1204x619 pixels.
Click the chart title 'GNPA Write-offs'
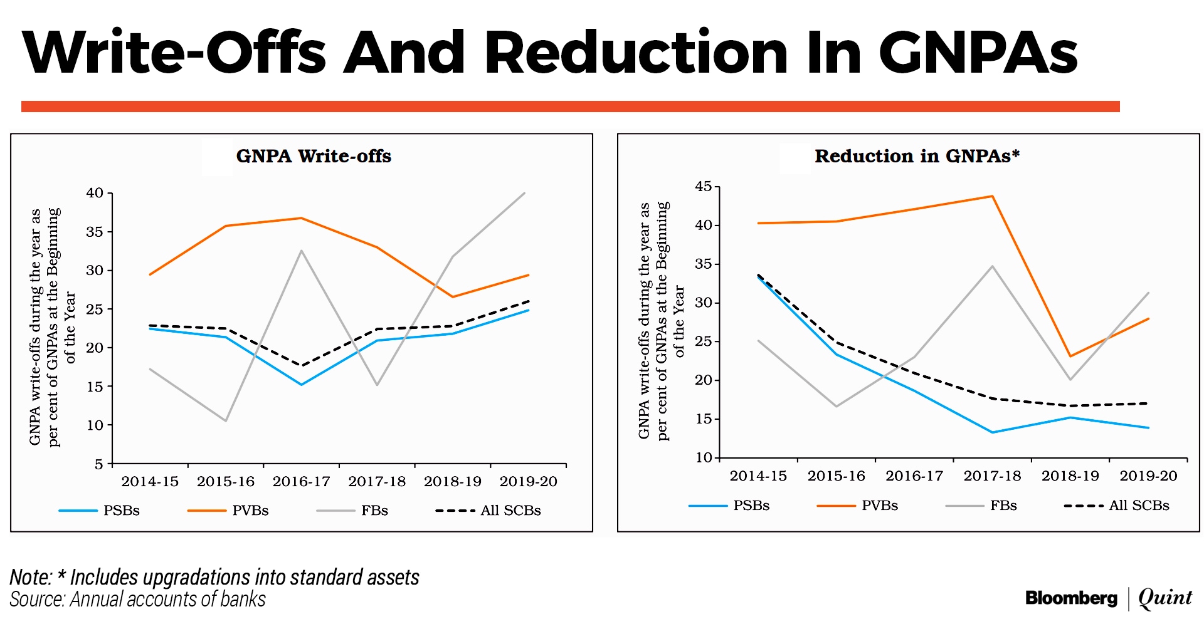click(x=314, y=156)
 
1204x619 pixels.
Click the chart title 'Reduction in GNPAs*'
click(x=917, y=156)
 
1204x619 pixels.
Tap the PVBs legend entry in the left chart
click(x=250, y=511)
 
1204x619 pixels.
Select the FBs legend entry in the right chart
click(x=1003, y=506)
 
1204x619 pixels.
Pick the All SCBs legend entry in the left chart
click(x=510, y=511)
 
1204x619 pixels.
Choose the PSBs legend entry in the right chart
click(x=751, y=506)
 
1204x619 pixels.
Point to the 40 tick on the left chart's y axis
click(x=95, y=193)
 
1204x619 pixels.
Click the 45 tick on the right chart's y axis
click(x=704, y=187)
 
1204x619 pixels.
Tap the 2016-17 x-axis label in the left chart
click(x=301, y=481)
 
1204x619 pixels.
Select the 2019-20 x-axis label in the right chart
click(x=1148, y=476)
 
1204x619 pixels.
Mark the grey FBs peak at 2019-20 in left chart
click(x=524, y=193)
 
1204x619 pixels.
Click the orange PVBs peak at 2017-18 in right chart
click(x=992, y=197)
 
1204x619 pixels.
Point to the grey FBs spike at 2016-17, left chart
click(x=302, y=251)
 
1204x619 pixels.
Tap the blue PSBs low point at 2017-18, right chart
click(x=992, y=432)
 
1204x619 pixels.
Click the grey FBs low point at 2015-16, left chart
click(x=226, y=420)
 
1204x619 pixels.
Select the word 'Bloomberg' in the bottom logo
click(x=1071, y=598)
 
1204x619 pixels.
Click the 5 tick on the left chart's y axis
click(x=99, y=464)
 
